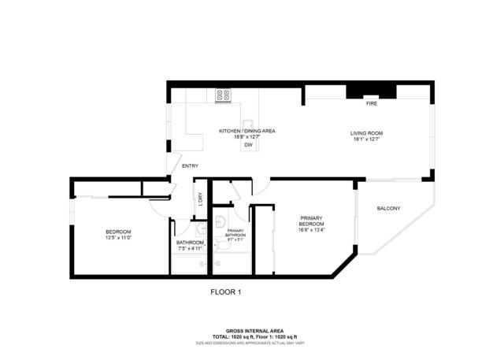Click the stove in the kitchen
coord(223,95)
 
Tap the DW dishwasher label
coord(248,146)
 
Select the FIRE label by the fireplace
coord(372,103)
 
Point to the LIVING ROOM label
coord(367,133)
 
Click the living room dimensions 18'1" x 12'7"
coord(367,139)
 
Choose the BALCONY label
coord(389,208)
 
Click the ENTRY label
coord(190,165)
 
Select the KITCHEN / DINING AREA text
coord(247,131)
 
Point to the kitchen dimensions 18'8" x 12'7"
coord(247,137)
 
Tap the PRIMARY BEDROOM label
coord(311,221)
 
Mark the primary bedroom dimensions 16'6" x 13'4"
coord(311,231)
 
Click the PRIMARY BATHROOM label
coord(235,232)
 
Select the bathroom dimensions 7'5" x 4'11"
coord(191,249)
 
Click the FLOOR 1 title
coord(225,292)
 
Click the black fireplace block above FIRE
coord(372,91)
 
